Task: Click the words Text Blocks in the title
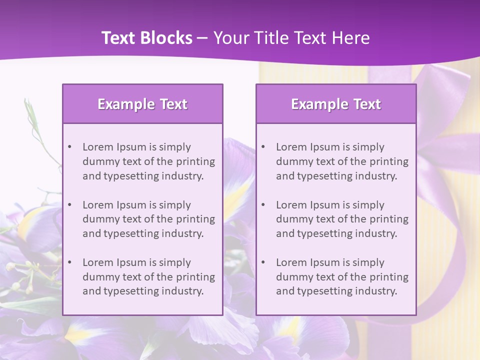(147, 38)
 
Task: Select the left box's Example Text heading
(142, 104)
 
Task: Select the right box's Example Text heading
(336, 104)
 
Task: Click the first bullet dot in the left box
(70, 147)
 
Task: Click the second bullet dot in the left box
(70, 205)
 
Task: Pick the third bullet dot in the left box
(70, 262)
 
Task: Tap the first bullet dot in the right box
(263, 147)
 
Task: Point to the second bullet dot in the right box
(263, 205)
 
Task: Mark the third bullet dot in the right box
(263, 262)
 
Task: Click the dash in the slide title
(203, 38)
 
